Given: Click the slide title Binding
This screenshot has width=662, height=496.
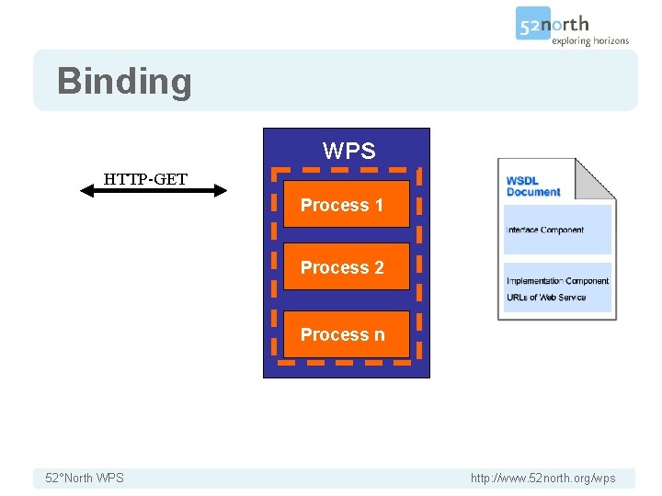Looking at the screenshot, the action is tap(124, 81).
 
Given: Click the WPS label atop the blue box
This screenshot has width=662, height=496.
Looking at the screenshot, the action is tap(348, 151).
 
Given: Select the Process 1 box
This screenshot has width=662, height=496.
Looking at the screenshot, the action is tap(346, 205).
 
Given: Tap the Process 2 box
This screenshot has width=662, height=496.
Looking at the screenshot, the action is tap(346, 267).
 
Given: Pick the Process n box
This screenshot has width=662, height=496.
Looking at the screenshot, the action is tap(346, 334).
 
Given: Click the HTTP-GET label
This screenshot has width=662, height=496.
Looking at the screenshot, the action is tap(145, 178).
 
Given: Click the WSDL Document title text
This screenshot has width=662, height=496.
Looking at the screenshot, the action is tap(532, 186).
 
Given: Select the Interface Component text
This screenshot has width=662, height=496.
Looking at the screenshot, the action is tap(545, 230).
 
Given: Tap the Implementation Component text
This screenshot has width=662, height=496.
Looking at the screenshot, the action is tap(557, 281).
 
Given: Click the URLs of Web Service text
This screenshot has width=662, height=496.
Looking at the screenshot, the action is tap(546, 297).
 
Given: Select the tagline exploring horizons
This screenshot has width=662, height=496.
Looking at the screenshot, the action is tap(590, 40).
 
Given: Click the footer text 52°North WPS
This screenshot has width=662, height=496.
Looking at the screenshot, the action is tap(85, 478).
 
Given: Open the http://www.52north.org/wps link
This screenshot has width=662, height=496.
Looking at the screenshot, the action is tap(542, 478).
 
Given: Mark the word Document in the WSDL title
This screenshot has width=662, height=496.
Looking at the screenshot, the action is tap(533, 192).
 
